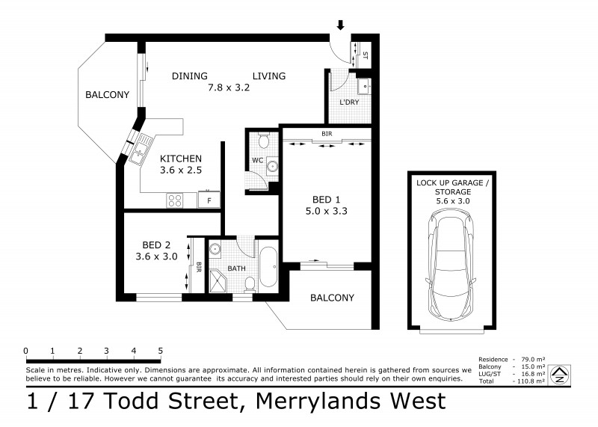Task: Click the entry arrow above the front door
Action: (x=341, y=25)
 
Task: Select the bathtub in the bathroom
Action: (x=268, y=267)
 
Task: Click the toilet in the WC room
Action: (x=264, y=141)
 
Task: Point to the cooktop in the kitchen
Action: (x=175, y=200)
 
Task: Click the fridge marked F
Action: (x=209, y=200)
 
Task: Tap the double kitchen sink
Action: (x=140, y=149)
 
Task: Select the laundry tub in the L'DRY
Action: (x=364, y=86)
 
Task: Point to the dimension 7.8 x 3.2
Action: (x=229, y=87)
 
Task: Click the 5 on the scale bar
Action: (x=160, y=351)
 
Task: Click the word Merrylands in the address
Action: (x=318, y=401)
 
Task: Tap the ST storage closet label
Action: (x=366, y=55)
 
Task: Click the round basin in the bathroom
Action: (x=215, y=249)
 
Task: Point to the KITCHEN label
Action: (x=181, y=159)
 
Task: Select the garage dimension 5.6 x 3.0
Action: (x=453, y=201)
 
